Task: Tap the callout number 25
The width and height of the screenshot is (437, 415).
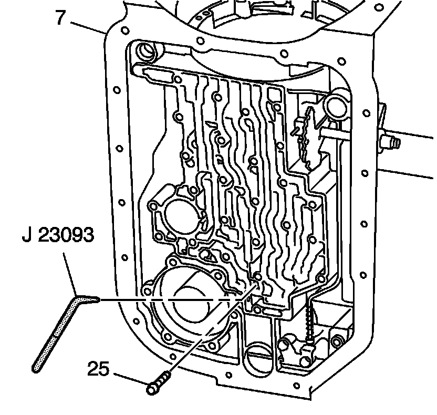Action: (x=98, y=369)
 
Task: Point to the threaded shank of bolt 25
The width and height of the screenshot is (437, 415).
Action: (x=164, y=378)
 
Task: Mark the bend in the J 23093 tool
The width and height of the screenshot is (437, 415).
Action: (x=78, y=299)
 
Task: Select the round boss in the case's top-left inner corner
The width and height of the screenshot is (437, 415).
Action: (x=144, y=51)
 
